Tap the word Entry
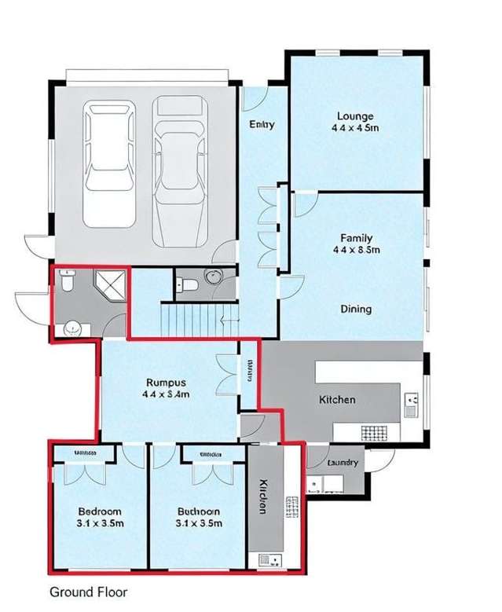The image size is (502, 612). click(262, 124)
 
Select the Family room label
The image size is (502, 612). click(356, 237)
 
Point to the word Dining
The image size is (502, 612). click(356, 309)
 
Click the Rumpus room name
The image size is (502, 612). click(166, 383)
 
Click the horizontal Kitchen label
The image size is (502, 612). click(337, 399)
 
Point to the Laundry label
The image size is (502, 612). click(343, 463)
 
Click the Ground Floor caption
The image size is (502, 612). click(88, 592)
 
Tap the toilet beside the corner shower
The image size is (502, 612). click(68, 280)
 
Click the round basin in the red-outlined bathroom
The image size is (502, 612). click(72, 328)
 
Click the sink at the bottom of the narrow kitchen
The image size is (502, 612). click(264, 559)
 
